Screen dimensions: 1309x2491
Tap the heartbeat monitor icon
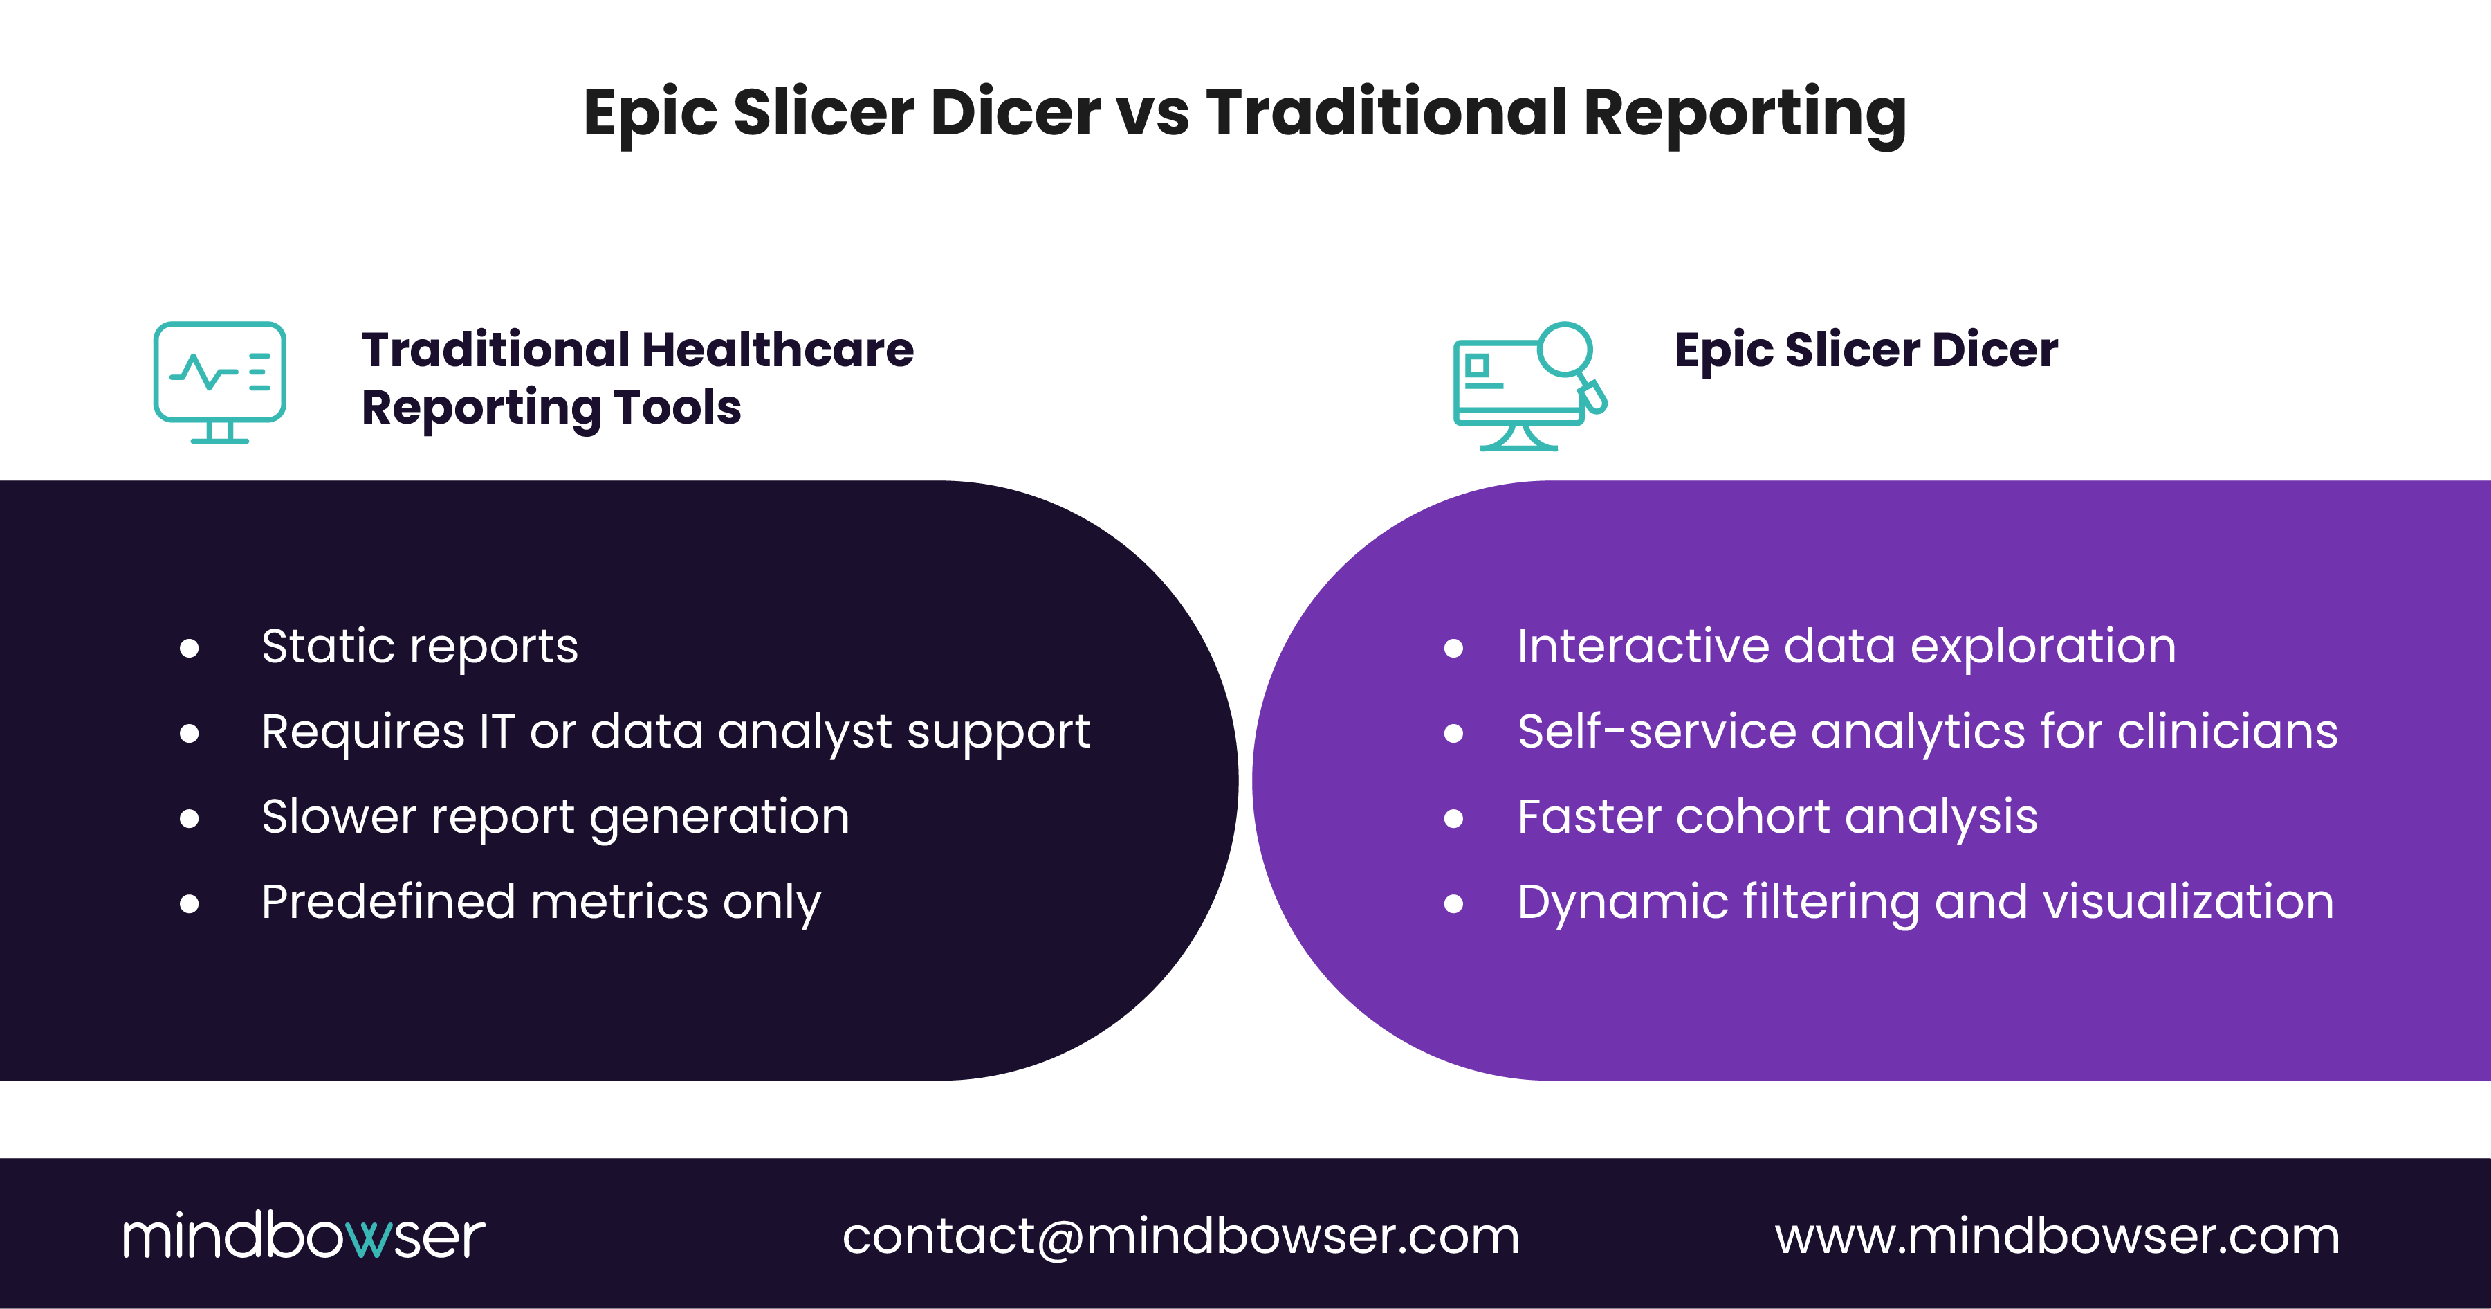(x=219, y=382)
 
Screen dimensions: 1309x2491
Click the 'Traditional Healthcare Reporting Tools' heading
(x=637, y=378)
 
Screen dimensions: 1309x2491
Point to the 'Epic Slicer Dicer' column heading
(x=1866, y=350)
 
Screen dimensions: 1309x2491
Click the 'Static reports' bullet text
(x=420, y=647)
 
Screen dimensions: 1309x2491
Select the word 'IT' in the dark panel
(x=496, y=732)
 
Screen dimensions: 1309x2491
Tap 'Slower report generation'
(x=555, y=817)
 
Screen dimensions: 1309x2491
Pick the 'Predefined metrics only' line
(x=540, y=902)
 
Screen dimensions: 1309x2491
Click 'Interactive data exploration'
(x=1846, y=647)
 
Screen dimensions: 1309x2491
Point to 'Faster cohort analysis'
(x=1777, y=817)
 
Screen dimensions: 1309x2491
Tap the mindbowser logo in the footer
(x=303, y=1236)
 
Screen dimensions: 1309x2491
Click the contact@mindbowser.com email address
(x=1181, y=1236)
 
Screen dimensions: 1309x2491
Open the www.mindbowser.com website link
(x=2057, y=1236)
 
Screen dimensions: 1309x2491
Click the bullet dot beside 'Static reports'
(x=190, y=648)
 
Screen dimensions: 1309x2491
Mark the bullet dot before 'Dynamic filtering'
(x=1453, y=903)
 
